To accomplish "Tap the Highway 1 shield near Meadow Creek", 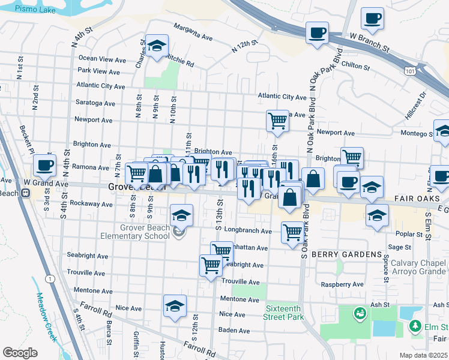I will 49,278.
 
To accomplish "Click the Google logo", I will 20,353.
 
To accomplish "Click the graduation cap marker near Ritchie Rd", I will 157,46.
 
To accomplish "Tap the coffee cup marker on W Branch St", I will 317,33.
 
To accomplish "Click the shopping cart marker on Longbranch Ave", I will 292,232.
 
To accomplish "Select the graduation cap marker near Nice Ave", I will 175,305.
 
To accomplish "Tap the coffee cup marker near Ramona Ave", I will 44,165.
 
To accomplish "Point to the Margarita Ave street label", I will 193,32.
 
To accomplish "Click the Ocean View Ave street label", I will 102,59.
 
